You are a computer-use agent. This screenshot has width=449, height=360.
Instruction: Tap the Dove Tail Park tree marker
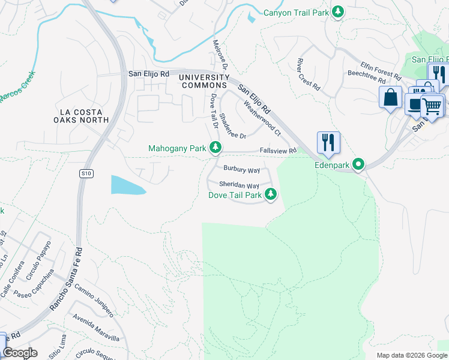tap(271, 194)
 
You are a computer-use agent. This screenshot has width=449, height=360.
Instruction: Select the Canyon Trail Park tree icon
tap(338, 12)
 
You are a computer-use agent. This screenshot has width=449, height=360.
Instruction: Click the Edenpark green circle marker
tap(358, 164)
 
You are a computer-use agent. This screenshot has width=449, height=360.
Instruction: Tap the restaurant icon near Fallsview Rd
tap(328, 142)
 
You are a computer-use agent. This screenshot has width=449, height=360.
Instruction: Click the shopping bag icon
tap(390, 97)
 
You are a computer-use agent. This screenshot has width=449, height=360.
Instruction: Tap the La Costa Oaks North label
tap(84, 116)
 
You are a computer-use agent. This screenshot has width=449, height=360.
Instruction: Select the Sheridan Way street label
tap(239, 185)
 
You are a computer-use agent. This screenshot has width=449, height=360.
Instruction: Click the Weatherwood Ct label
tap(262, 117)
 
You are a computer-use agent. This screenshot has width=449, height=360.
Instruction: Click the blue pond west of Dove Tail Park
tap(127, 185)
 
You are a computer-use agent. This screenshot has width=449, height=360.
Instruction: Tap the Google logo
tap(20, 352)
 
